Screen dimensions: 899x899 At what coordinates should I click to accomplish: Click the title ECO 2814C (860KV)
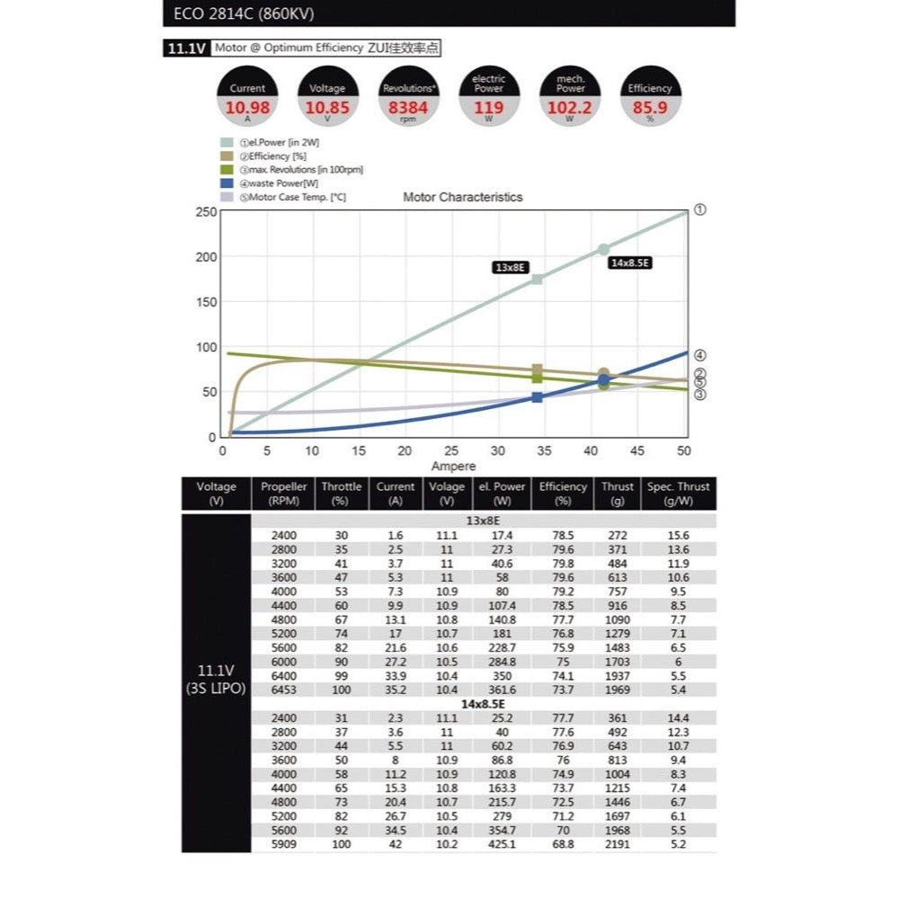tap(239, 14)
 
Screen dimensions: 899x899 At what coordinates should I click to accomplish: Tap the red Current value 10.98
tap(247, 108)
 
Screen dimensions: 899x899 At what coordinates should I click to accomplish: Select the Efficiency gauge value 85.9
tap(650, 108)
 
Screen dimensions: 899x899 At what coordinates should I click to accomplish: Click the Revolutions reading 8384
tap(409, 108)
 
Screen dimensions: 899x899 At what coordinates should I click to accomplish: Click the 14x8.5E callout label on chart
tap(629, 263)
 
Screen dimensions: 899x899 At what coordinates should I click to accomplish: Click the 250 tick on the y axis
tap(206, 212)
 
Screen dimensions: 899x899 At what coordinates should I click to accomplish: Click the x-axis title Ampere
tap(453, 467)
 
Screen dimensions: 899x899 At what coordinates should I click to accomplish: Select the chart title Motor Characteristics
tap(462, 197)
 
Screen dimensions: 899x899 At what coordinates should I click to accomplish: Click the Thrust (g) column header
tap(619, 494)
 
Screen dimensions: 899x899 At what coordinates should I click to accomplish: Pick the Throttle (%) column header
tap(342, 494)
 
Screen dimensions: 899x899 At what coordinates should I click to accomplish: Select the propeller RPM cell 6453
tap(283, 690)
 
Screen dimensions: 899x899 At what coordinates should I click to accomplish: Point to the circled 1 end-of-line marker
tap(700, 209)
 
